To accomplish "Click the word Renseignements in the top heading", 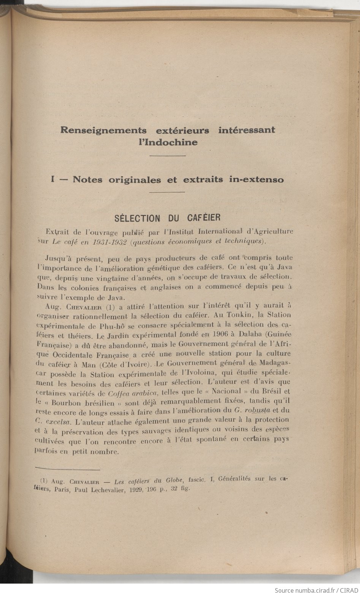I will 103,130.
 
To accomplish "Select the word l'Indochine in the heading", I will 168,142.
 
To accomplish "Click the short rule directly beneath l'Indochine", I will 168,156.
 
